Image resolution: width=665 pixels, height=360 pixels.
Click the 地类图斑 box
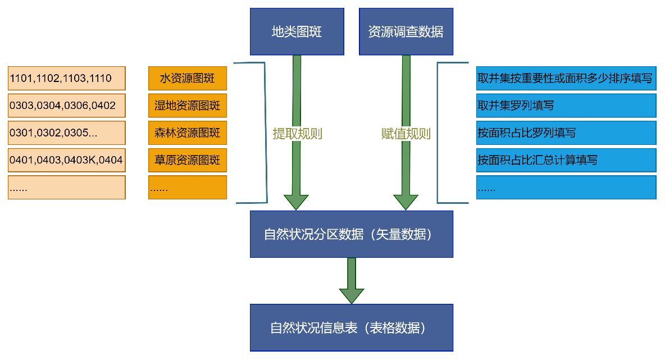tap(297, 31)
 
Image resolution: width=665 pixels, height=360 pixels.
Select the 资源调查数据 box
tap(406, 31)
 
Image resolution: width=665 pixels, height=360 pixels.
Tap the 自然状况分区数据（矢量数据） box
tap(351, 234)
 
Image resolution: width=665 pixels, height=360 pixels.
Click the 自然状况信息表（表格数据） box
tap(351, 328)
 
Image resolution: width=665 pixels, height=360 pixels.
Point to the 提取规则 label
tap(297, 134)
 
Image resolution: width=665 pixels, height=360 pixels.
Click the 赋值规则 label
tap(406, 134)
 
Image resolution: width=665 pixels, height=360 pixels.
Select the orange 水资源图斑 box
tap(188, 78)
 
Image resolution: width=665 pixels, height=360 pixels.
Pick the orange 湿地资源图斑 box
tap(188, 106)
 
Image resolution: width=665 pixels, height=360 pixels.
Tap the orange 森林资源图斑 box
tap(188, 133)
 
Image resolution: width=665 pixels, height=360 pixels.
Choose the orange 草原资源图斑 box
tap(188, 161)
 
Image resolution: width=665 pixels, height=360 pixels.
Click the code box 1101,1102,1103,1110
tap(66, 78)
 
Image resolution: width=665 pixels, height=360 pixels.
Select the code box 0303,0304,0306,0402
tap(66, 106)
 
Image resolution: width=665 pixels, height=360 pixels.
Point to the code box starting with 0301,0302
tap(66, 133)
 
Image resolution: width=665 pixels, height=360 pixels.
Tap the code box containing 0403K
tap(66, 161)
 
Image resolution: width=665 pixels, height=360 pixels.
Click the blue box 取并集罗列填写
tap(566, 106)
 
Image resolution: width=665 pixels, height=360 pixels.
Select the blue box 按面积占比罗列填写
tap(566, 133)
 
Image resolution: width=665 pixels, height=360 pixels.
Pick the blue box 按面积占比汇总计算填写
tap(566, 160)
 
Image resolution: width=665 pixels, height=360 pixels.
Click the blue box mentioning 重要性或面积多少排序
tap(566, 78)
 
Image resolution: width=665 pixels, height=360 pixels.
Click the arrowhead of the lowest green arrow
tap(352, 295)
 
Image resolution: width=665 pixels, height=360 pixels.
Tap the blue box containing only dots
tap(566, 188)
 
